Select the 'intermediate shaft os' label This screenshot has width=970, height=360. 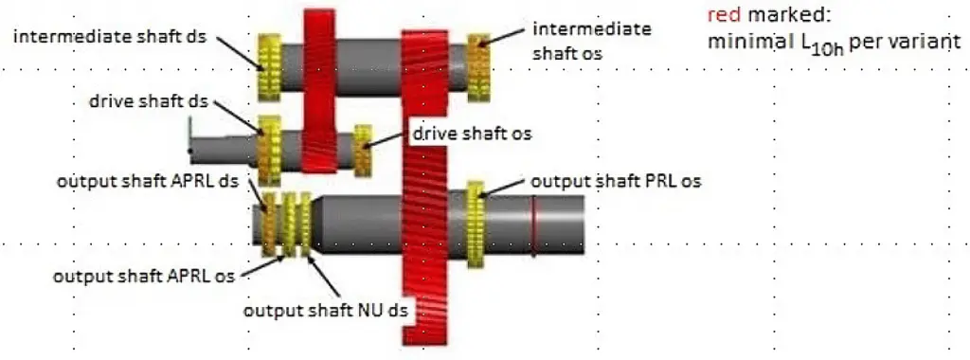tap(591, 40)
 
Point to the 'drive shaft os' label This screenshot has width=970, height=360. tap(471, 134)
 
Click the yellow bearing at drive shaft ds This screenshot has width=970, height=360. tap(269, 150)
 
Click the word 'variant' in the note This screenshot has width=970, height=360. tap(924, 43)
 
